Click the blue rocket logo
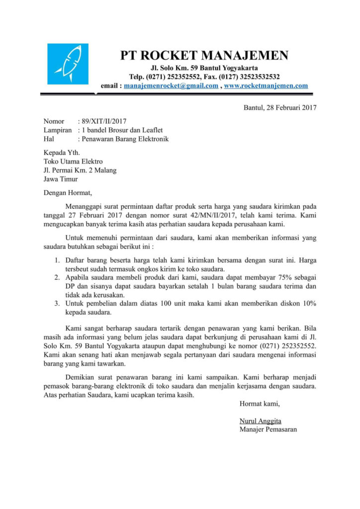coord(68,64)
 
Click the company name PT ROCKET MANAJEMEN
coord(204,55)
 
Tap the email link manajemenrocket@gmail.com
coord(171,86)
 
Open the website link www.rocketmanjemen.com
coord(266,86)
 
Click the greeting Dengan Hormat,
coord(68,193)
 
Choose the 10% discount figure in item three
coord(308,304)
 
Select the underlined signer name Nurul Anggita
coord(260,421)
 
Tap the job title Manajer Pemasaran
coord(268,429)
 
